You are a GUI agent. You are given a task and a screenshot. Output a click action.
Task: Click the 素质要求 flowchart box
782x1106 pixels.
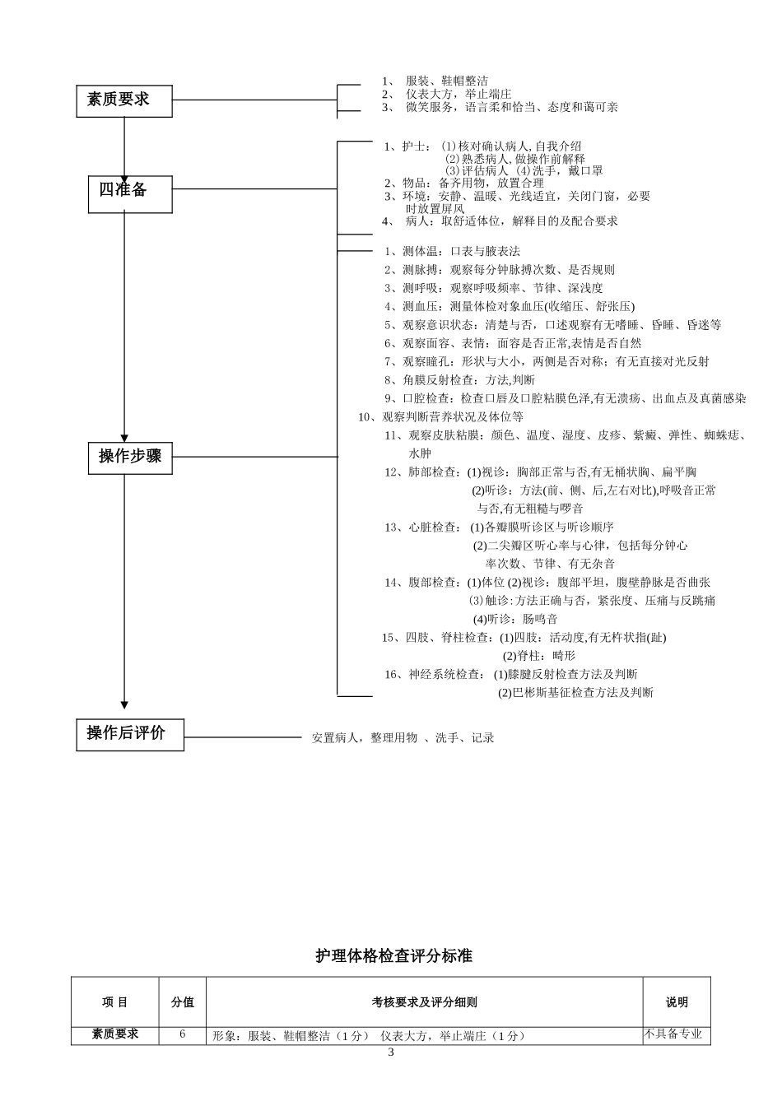tap(124, 100)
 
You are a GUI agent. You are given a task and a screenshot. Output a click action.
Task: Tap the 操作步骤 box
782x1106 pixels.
tap(130, 457)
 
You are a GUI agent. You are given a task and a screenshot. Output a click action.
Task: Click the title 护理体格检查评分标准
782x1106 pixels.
tap(393, 956)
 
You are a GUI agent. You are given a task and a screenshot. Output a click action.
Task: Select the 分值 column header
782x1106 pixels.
tap(182, 1002)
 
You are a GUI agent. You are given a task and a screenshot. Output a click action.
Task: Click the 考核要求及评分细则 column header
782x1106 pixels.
tap(424, 1002)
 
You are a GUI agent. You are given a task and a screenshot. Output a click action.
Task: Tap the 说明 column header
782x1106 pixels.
tap(677, 1002)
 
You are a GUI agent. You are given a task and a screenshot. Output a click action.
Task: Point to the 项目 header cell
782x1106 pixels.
tap(114, 1002)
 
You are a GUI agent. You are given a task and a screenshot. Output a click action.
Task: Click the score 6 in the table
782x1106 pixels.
tap(182, 1034)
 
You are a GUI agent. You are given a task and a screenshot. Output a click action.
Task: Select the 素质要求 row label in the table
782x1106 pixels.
tap(114, 1034)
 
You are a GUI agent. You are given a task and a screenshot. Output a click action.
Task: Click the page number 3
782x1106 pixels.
tap(391, 1053)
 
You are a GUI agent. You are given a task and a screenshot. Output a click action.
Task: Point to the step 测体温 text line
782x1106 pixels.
tap(452, 251)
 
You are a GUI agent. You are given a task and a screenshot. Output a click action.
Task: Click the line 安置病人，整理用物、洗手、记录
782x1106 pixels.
tap(403, 738)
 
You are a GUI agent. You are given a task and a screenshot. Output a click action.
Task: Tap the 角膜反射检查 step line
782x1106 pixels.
tap(459, 379)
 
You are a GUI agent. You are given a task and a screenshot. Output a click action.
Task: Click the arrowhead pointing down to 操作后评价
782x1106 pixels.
tap(124, 704)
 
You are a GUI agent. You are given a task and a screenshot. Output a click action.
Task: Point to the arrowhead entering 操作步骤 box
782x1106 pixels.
tap(124, 438)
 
